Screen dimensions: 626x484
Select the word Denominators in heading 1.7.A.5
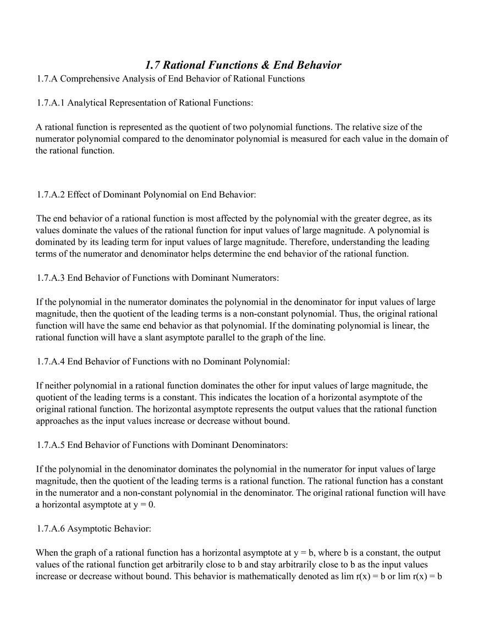[258, 445]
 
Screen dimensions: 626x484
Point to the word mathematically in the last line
[228, 577]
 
